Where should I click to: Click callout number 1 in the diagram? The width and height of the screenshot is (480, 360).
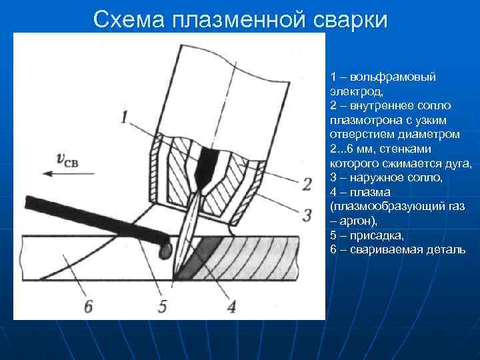click(x=125, y=118)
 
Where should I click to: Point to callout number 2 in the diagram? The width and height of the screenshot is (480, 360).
click(x=307, y=183)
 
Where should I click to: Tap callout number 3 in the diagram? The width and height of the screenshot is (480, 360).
click(x=307, y=215)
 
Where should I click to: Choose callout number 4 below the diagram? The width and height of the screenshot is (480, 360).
click(x=231, y=307)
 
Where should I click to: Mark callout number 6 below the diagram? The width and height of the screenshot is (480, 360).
click(x=89, y=307)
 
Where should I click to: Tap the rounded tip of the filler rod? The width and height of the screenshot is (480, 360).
click(x=164, y=250)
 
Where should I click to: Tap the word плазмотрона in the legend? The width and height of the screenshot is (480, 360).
click(x=361, y=120)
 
